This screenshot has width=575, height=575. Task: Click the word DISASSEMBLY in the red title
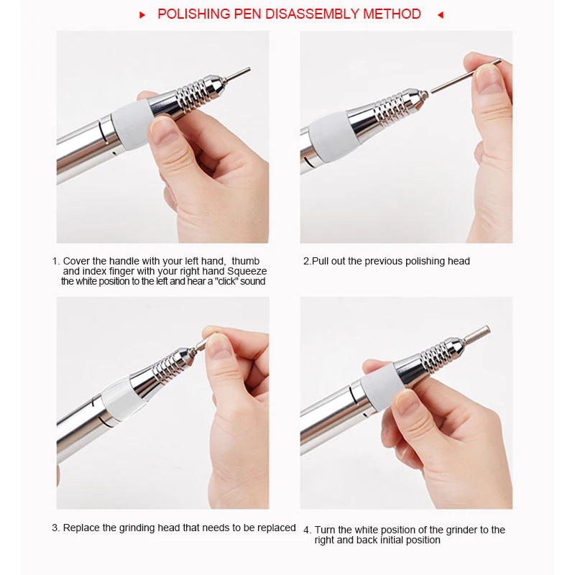coord(312,14)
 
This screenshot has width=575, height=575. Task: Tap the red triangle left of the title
coord(142,15)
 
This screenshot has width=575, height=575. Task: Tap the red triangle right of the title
coord(441,15)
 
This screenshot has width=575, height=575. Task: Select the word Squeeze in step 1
coord(247,272)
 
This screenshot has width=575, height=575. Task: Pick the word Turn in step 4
coord(325,530)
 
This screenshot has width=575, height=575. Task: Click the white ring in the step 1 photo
coord(131,124)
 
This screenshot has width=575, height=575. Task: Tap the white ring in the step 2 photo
coord(328,135)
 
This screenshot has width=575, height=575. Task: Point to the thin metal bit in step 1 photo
coord(237,73)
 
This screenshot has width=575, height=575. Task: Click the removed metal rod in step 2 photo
coord(466,76)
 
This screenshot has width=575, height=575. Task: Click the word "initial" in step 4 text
coord(401,540)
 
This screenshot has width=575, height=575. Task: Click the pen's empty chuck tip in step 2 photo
coord(424,95)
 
